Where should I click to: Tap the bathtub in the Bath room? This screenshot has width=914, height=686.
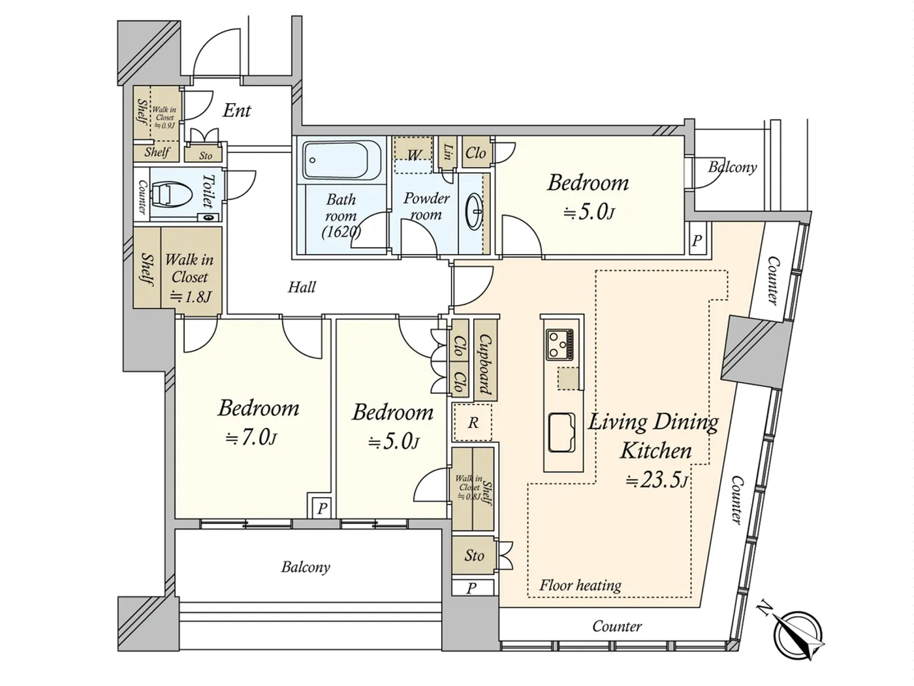(x=341, y=161)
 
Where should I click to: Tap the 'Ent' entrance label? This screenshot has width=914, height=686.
(x=236, y=110)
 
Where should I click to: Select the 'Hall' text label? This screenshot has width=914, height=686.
(x=302, y=287)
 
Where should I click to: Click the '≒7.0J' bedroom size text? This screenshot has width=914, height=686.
(x=251, y=438)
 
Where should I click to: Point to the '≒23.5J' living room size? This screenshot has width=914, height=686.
(x=657, y=481)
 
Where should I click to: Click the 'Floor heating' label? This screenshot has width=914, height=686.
(x=580, y=585)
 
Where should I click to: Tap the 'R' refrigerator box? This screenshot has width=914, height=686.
(x=473, y=423)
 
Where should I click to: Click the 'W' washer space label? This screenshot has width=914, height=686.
(x=414, y=155)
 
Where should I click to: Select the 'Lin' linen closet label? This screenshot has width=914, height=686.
(x=448, y=153)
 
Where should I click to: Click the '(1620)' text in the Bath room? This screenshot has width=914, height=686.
(x=341, y=231)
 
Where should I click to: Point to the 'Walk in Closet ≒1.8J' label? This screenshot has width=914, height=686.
(x=189, y=278)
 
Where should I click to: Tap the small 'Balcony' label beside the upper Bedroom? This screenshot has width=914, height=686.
(x=733, y=167)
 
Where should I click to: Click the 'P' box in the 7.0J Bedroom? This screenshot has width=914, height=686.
(x=322, y=508)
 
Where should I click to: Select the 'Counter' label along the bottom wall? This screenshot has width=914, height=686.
(x=617, y=627)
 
